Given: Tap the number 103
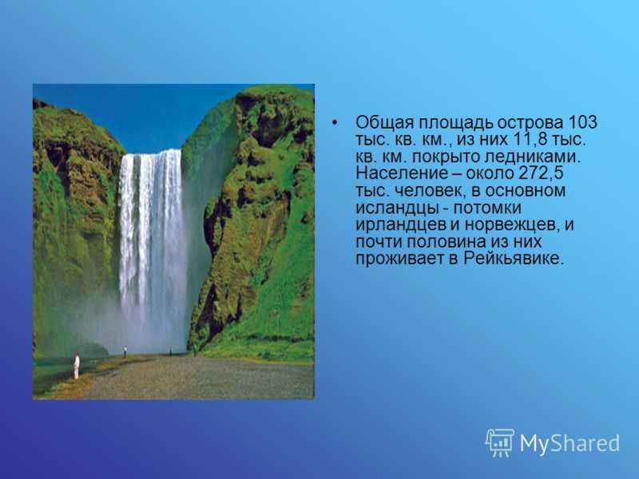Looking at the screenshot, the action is point(582,122).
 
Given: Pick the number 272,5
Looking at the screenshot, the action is point(542,173).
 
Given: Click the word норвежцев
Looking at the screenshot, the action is point(511,225).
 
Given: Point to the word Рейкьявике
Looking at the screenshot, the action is point(514,259).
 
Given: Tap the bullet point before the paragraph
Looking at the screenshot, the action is point(335,123).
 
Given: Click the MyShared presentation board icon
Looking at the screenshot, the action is point(500,442).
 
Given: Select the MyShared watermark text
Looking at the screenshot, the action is point(570,443).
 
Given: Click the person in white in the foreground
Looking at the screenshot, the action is point(76,366).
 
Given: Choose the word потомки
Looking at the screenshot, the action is point(487,208).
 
